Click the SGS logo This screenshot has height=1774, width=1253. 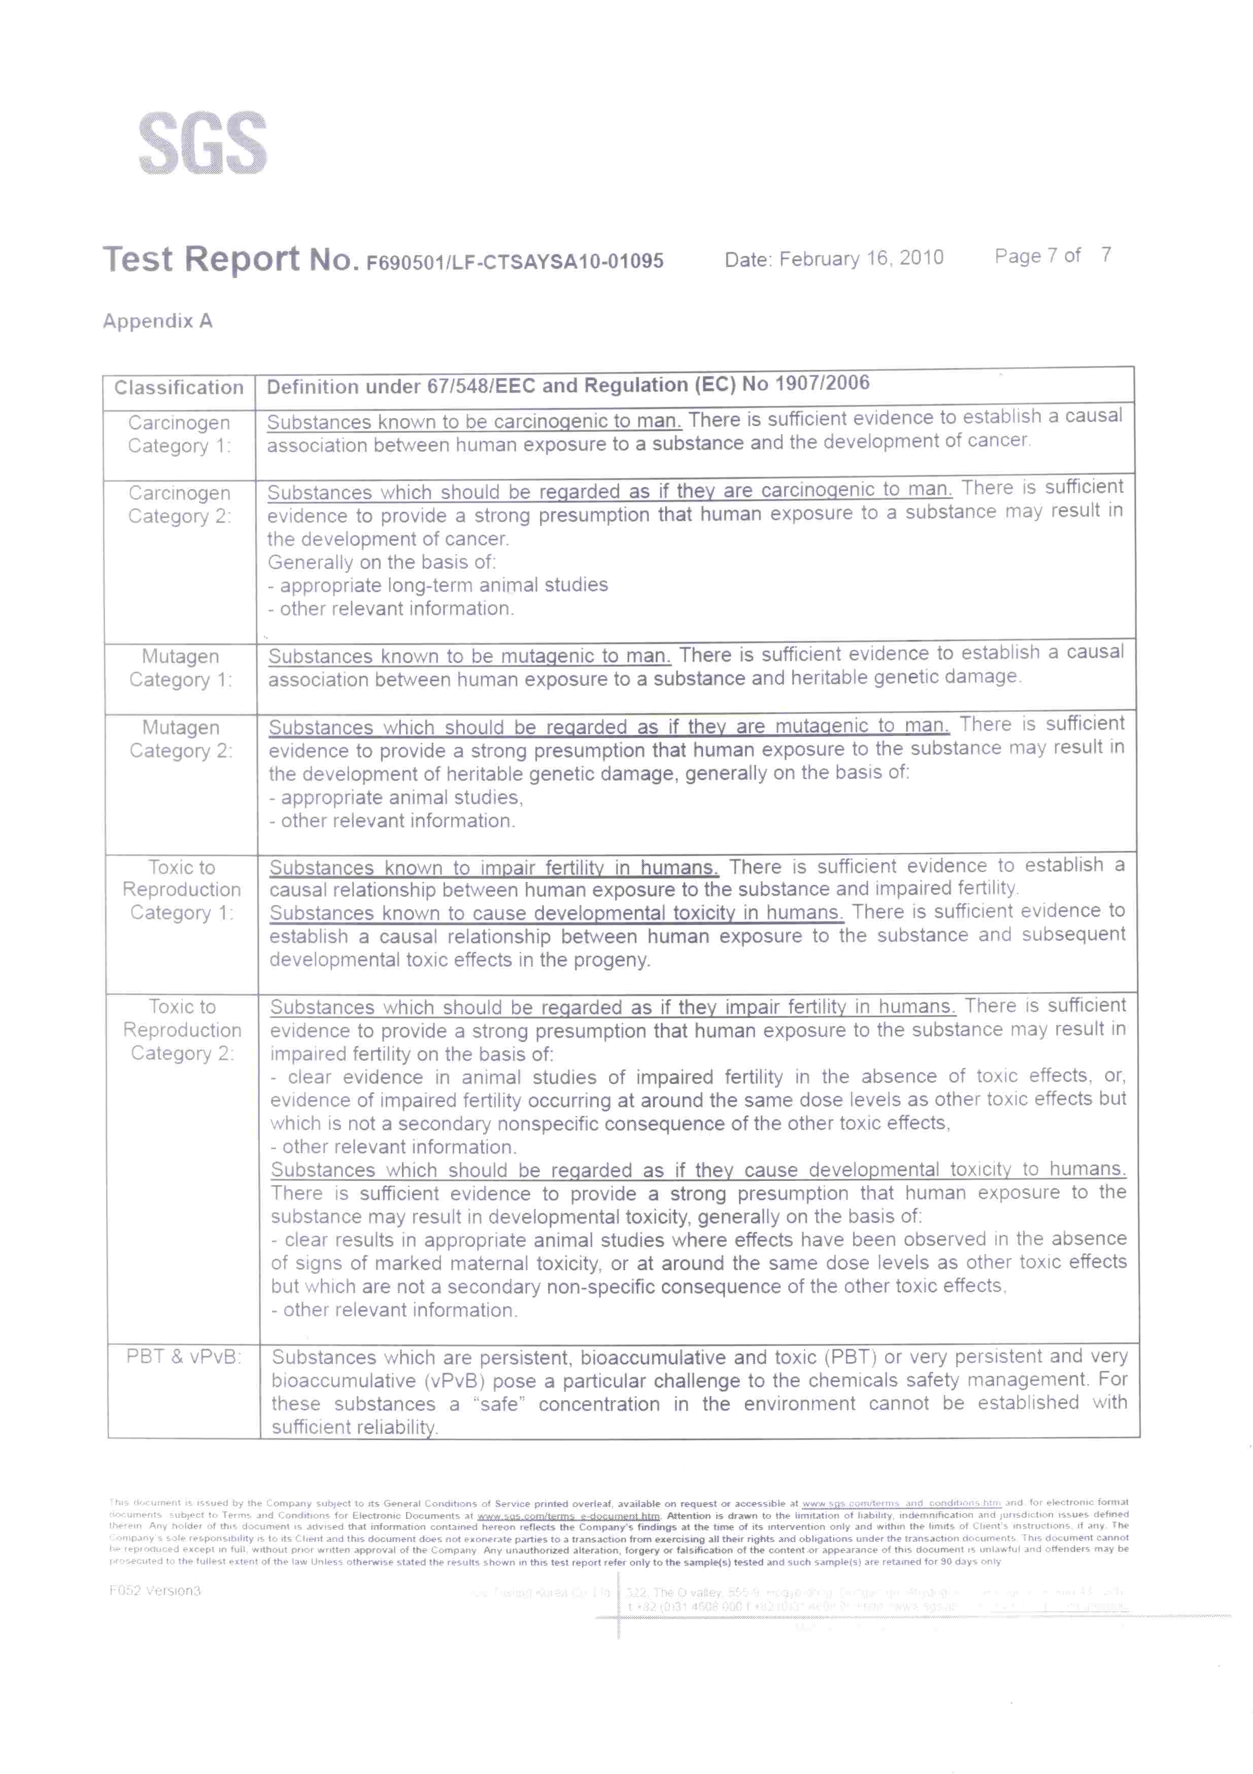pyautogui.click(x=202, y=143)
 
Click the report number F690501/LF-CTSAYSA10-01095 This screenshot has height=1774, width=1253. pyautogui.click(x=514, y=262)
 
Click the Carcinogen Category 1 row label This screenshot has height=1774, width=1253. pyautogui.click(x=179, y=434)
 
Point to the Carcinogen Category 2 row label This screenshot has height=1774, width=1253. pyautogui.click(x=179, y=505)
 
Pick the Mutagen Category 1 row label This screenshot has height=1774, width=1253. pyautogui.click(x=180, y=668)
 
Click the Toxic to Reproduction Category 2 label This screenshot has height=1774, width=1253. pyautogui.click(x=182, y=1029)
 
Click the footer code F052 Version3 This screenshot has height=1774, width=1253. pyautogui.click(x=155, y=1591)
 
